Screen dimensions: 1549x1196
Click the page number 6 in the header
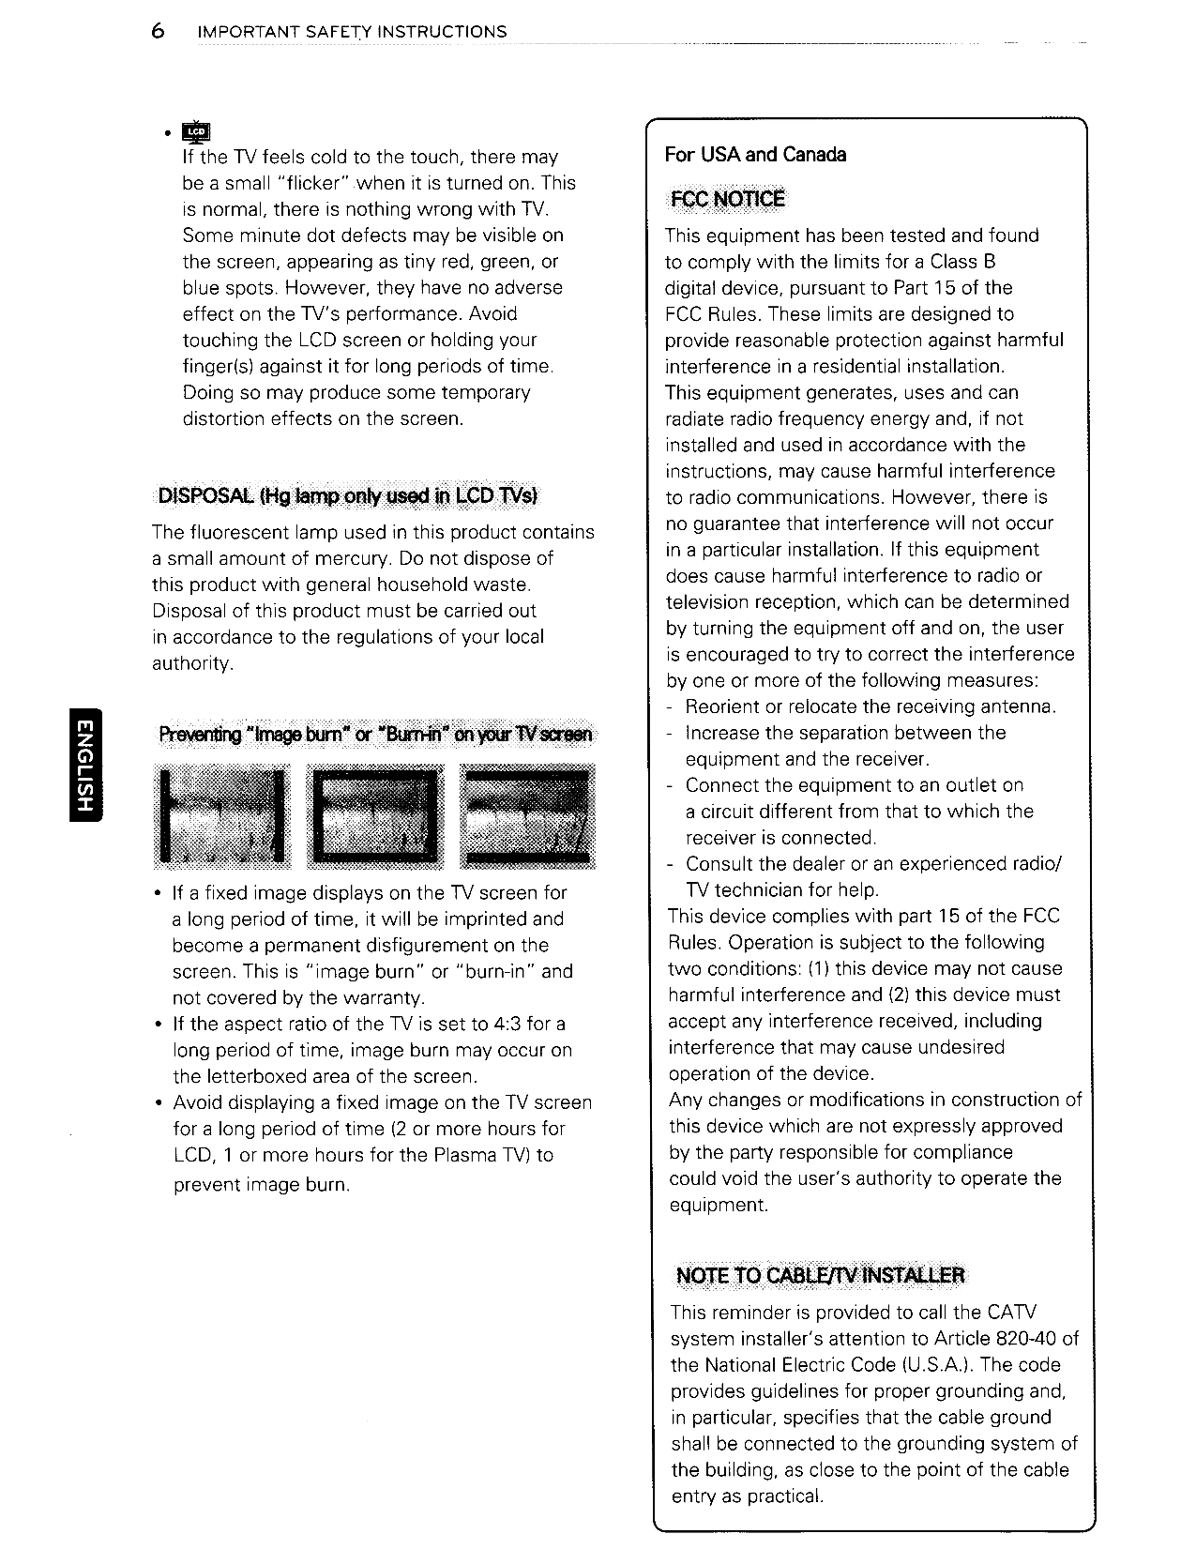(x=158, y=32)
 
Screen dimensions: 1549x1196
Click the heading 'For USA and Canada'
(x=755, y=155)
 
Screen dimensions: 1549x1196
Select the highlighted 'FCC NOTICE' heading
(x=725, y=199)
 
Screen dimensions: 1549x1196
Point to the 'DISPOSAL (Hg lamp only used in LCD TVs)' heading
(x=348, y=495)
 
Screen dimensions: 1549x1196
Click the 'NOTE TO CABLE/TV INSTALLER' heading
(x=820, y=1275)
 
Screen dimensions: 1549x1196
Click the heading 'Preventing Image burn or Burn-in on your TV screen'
(x=376, y=734)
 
